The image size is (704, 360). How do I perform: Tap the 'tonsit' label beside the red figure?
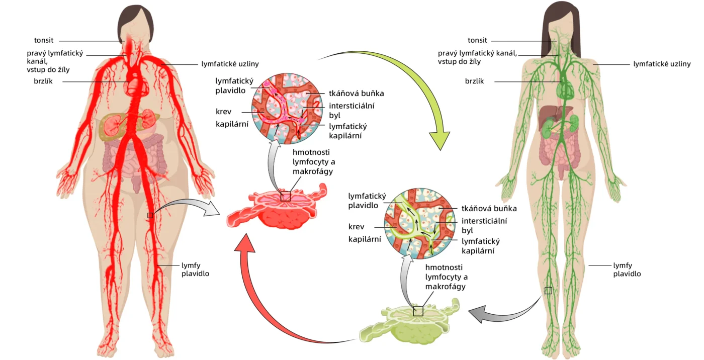pyautogui.click(x=44, y=41)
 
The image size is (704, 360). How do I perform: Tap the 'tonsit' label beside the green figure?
pyautogui.click(x=477, y=41)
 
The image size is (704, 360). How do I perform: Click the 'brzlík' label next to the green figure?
pyautogui.click(x=474, y=81)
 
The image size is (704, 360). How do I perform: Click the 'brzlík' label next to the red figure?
pyautogui.click(x=43, y=81)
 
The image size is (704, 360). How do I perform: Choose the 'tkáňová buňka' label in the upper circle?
pyautogui.click(x=357, y=93)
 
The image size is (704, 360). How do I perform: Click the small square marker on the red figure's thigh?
pyautogui.click(x=150, y=215)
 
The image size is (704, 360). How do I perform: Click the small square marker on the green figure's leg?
pyautogui.click(x=548, y=291)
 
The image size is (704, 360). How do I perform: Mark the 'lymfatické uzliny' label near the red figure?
pyautogui.click(x=230, y=64)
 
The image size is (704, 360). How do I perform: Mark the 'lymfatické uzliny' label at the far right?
pyautogui.click(x=662, y=64)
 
